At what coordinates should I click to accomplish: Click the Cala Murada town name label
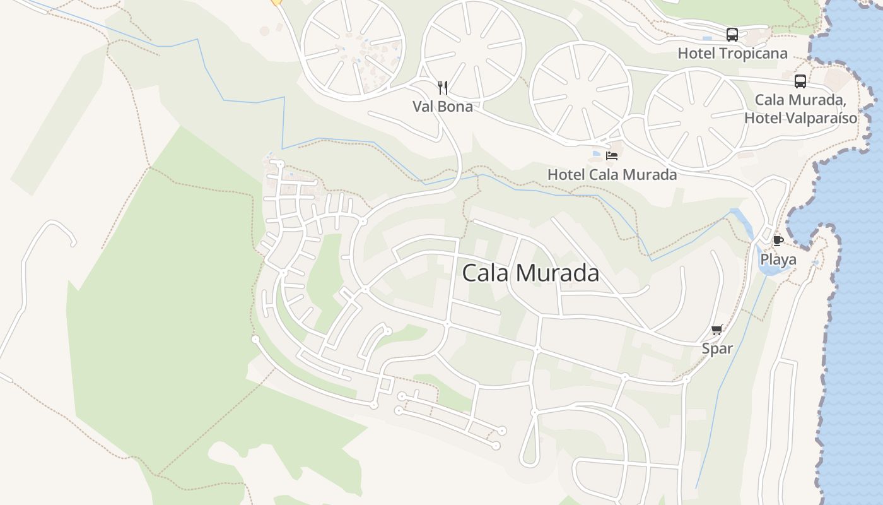(530, 273)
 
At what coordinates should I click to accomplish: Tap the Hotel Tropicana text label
(732, 53)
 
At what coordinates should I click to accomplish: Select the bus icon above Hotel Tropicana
(732, 35)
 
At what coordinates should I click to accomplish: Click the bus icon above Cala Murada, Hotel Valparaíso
(800, 81)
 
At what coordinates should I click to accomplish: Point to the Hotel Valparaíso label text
(800, 117)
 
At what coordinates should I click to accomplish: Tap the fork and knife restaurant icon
(443, 88)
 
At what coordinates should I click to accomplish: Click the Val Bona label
(443, 106)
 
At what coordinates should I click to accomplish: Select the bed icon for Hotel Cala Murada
(612, 155)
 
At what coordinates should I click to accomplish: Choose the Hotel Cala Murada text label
(612, 174)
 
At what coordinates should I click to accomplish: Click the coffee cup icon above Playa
(778, 241)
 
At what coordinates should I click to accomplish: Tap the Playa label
(778, 259)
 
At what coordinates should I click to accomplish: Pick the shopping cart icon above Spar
(716, 330)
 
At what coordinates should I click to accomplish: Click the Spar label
(717, 348)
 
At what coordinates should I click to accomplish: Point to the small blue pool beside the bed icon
(597, 153)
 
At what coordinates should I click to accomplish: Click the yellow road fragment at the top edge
(276, 3)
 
